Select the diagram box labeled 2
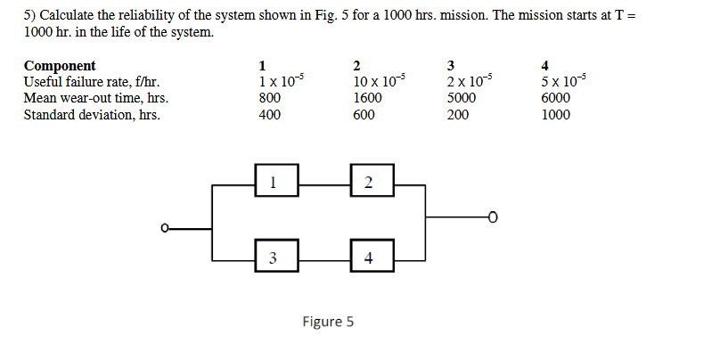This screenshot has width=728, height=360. (369, 184)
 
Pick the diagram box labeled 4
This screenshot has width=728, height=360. (369, 257)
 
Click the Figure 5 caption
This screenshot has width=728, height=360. (328, 322)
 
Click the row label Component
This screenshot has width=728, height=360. (60, 65)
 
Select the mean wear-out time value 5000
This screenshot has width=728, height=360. (461, 98)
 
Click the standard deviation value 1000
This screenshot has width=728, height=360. (556, 115)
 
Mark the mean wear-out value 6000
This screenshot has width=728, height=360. (556, 98)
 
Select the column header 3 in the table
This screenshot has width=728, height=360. (451, 65)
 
